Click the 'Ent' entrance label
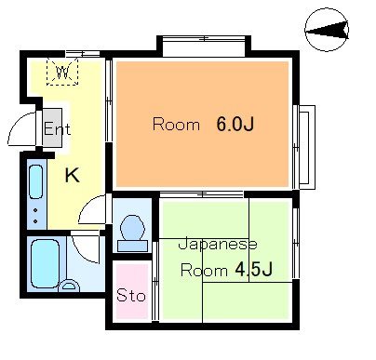pyautogui.click(x=57, y=129)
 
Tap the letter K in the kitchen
pyautogui.click(x=71, y=173)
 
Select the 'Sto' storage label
pyautogui.click(x=130, y=298)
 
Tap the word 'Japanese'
pyautogui.click(x=218, y=245)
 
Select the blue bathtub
pyautogui.click(x=44, y=265)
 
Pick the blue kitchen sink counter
pyautogui.click(x=35, y=195)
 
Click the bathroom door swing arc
pyautogui.click(x=87, y=247)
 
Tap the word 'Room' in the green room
pyautogui.click(x=197, y=271)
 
